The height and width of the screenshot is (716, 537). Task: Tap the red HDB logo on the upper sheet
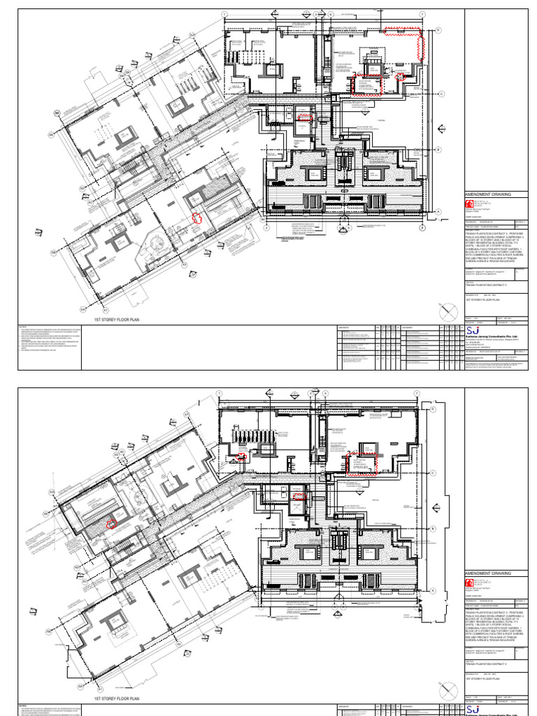[469, 203]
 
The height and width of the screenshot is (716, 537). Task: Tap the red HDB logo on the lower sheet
[469, 582]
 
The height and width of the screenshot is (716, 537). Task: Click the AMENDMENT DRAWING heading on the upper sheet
[488, 194]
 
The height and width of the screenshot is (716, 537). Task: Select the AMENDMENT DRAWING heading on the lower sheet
[488, 573]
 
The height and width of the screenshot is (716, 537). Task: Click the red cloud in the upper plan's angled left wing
[197, 218]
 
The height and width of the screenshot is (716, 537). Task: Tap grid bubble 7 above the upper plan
[422, 14]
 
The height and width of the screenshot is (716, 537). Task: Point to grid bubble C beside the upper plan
[441, 94]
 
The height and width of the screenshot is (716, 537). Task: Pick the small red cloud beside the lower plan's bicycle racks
[242, 457]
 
